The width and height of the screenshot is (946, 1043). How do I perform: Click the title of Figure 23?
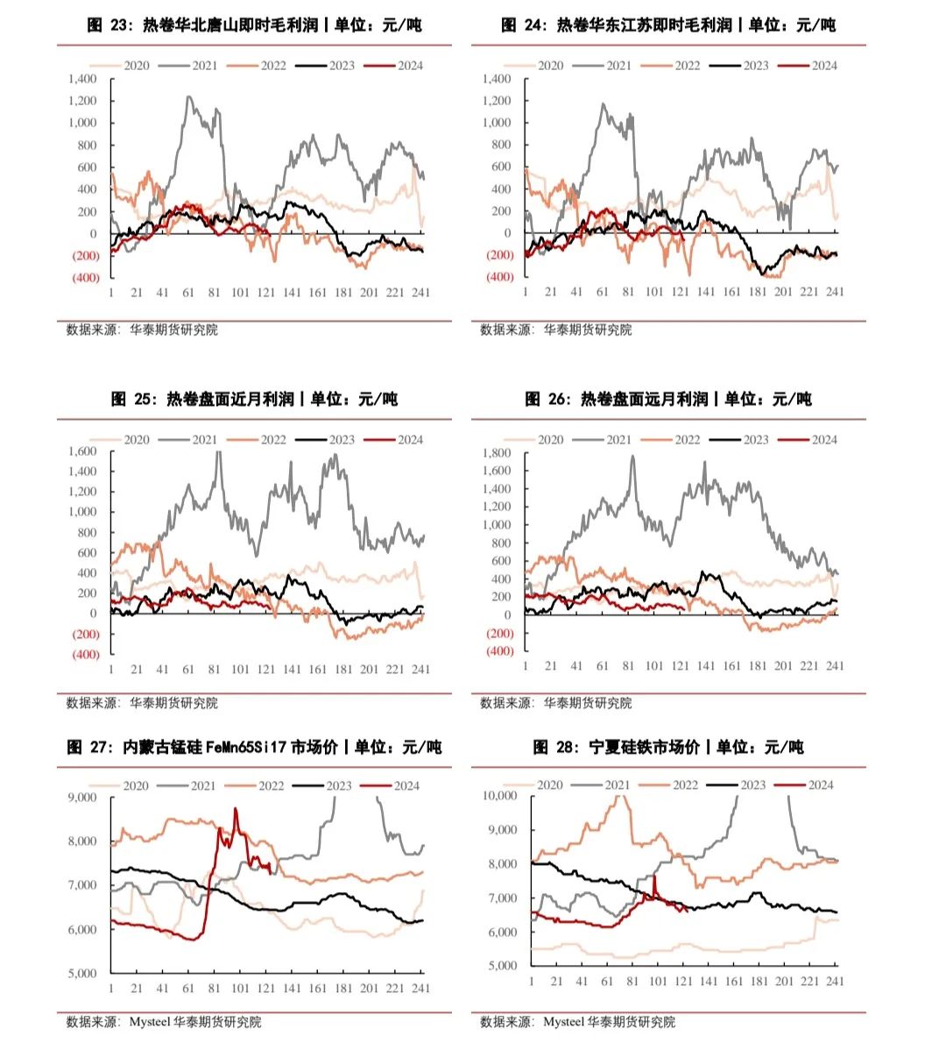pos(254,25)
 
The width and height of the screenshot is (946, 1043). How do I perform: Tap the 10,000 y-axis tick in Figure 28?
pos(500,796)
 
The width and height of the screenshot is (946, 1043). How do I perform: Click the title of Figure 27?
pos(254,748)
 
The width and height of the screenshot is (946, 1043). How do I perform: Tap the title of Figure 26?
pos(668,400)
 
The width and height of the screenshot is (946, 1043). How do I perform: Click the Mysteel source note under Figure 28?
pos(577,1022)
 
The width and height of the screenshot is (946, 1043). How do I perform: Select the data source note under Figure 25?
pos(142,703)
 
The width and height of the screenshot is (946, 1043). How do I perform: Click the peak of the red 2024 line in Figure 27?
pos(235,809)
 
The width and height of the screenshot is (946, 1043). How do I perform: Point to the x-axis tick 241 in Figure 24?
pos(835,292)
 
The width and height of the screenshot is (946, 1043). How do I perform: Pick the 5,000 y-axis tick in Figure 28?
pos(503,965)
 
